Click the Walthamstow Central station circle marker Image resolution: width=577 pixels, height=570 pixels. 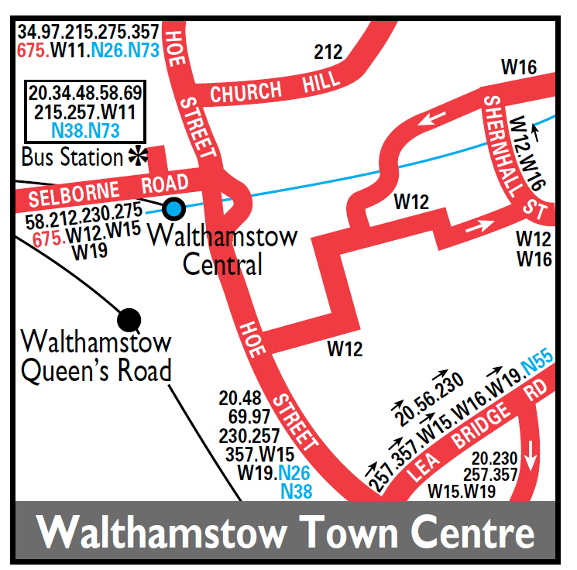coord(174,208)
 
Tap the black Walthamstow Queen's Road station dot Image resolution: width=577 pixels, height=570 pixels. coord(129,318)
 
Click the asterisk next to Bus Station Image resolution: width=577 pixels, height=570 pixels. coord(137,156)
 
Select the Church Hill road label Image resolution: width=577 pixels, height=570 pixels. coord(275,90)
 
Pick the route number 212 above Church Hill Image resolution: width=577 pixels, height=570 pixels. coord(328,53)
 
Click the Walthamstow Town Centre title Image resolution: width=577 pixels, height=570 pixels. coord(287,533)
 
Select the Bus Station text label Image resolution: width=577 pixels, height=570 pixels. coord(72,157)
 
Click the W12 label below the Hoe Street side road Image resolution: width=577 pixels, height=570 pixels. coord(345,349)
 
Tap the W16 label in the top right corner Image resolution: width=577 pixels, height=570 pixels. coord(519,67)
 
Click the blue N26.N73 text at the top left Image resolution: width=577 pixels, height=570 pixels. coord(125,51)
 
